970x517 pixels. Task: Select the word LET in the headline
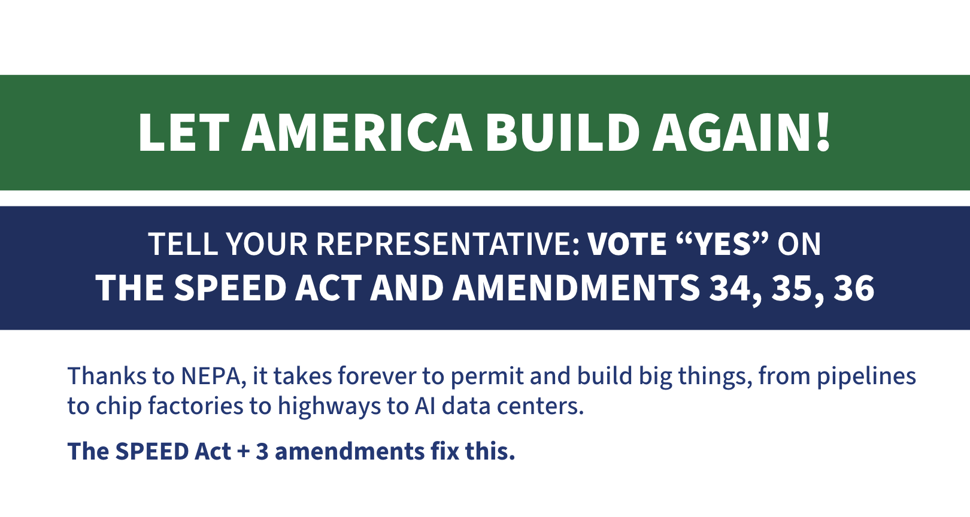point(184,132)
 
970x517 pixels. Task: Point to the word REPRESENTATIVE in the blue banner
point(448,244)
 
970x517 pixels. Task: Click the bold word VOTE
point(627,244)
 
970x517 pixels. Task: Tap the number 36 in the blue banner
point(854,288)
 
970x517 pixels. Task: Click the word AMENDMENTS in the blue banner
point(576,288)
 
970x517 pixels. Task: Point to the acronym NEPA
point(210,376)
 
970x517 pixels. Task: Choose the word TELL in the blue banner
point(183,244)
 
